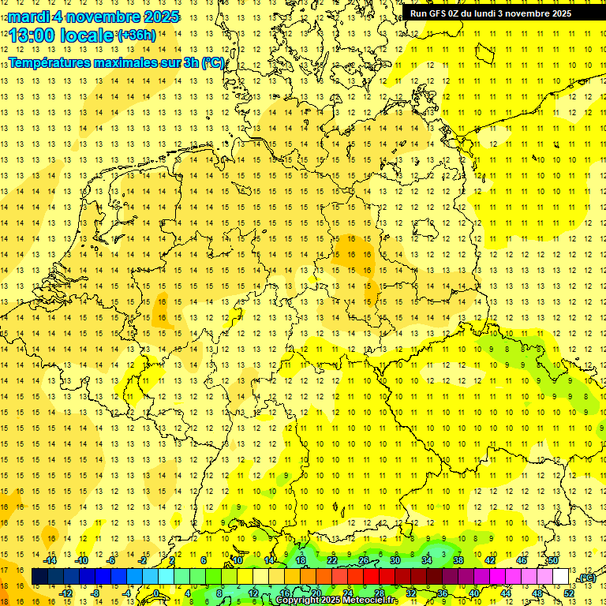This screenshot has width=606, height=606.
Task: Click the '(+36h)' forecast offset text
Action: point(137,36)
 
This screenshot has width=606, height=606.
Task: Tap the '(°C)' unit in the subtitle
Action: point(213,62)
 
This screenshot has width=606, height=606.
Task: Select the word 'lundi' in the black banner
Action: point(494,13)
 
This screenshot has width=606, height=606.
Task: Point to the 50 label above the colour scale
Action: point(553,560)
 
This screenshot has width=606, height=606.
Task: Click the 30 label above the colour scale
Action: point(395,560)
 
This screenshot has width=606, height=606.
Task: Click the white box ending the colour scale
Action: point(561,577)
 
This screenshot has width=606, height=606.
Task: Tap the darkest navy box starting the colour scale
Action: point(39,577)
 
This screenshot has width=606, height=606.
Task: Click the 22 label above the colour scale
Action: point(332,560)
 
